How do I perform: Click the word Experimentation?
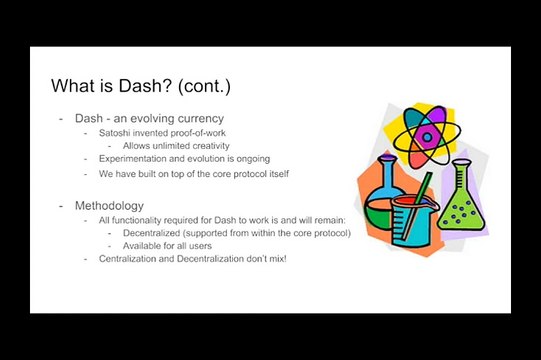tap(134, 159)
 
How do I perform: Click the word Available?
tap(144, 245)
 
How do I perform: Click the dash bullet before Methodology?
tap(61, 205)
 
